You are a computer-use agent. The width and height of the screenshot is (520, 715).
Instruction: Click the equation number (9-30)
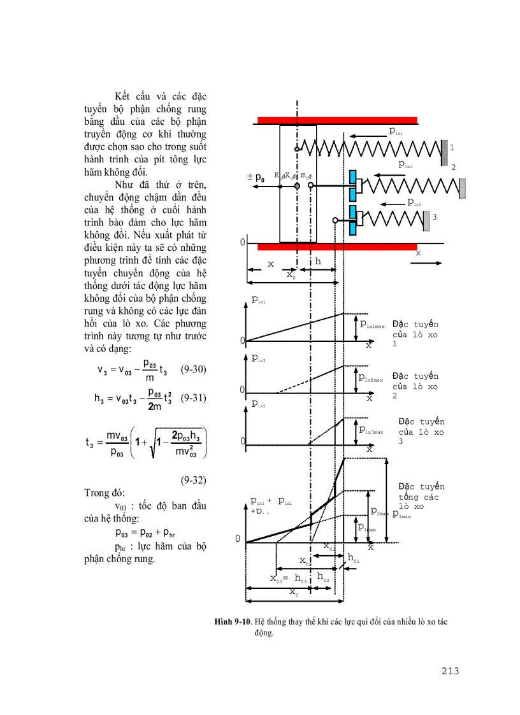click(x=193, y=369)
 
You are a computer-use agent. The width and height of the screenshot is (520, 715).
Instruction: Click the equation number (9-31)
click(x=193, y=398)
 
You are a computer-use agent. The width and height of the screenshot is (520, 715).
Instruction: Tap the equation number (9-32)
click(x=192, y=479)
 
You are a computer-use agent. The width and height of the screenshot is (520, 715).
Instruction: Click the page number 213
click(x=449, y=670)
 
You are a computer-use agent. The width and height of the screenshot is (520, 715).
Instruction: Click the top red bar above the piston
click(x=337, y=120)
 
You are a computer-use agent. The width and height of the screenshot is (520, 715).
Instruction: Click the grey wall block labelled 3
click(x=426, y=218)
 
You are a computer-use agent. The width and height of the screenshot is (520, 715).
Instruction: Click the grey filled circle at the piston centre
click(x=297, y=185)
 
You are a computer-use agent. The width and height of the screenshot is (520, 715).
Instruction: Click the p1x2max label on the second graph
click(x=371, y=379)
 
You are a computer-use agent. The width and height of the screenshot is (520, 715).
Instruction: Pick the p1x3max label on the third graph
click(x=372, y=431)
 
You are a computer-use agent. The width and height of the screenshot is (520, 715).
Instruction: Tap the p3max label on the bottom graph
click(x=401, y=514)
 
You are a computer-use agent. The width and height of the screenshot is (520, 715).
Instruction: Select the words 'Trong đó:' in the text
click(x=105, y=493)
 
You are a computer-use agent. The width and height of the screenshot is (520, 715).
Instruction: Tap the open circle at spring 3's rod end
click(x=335, y=220)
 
